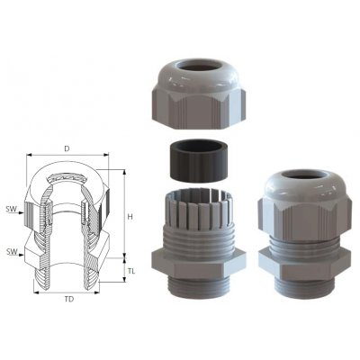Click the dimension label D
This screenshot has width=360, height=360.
(67, 148)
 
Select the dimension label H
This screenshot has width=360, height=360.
(130, 217)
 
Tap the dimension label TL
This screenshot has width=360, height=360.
(131, 271)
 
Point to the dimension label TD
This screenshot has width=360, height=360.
(69, 299)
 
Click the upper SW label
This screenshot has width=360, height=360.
(12, 210)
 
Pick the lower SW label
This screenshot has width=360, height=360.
(12, 252)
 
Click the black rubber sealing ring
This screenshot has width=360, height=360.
(195, 161)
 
